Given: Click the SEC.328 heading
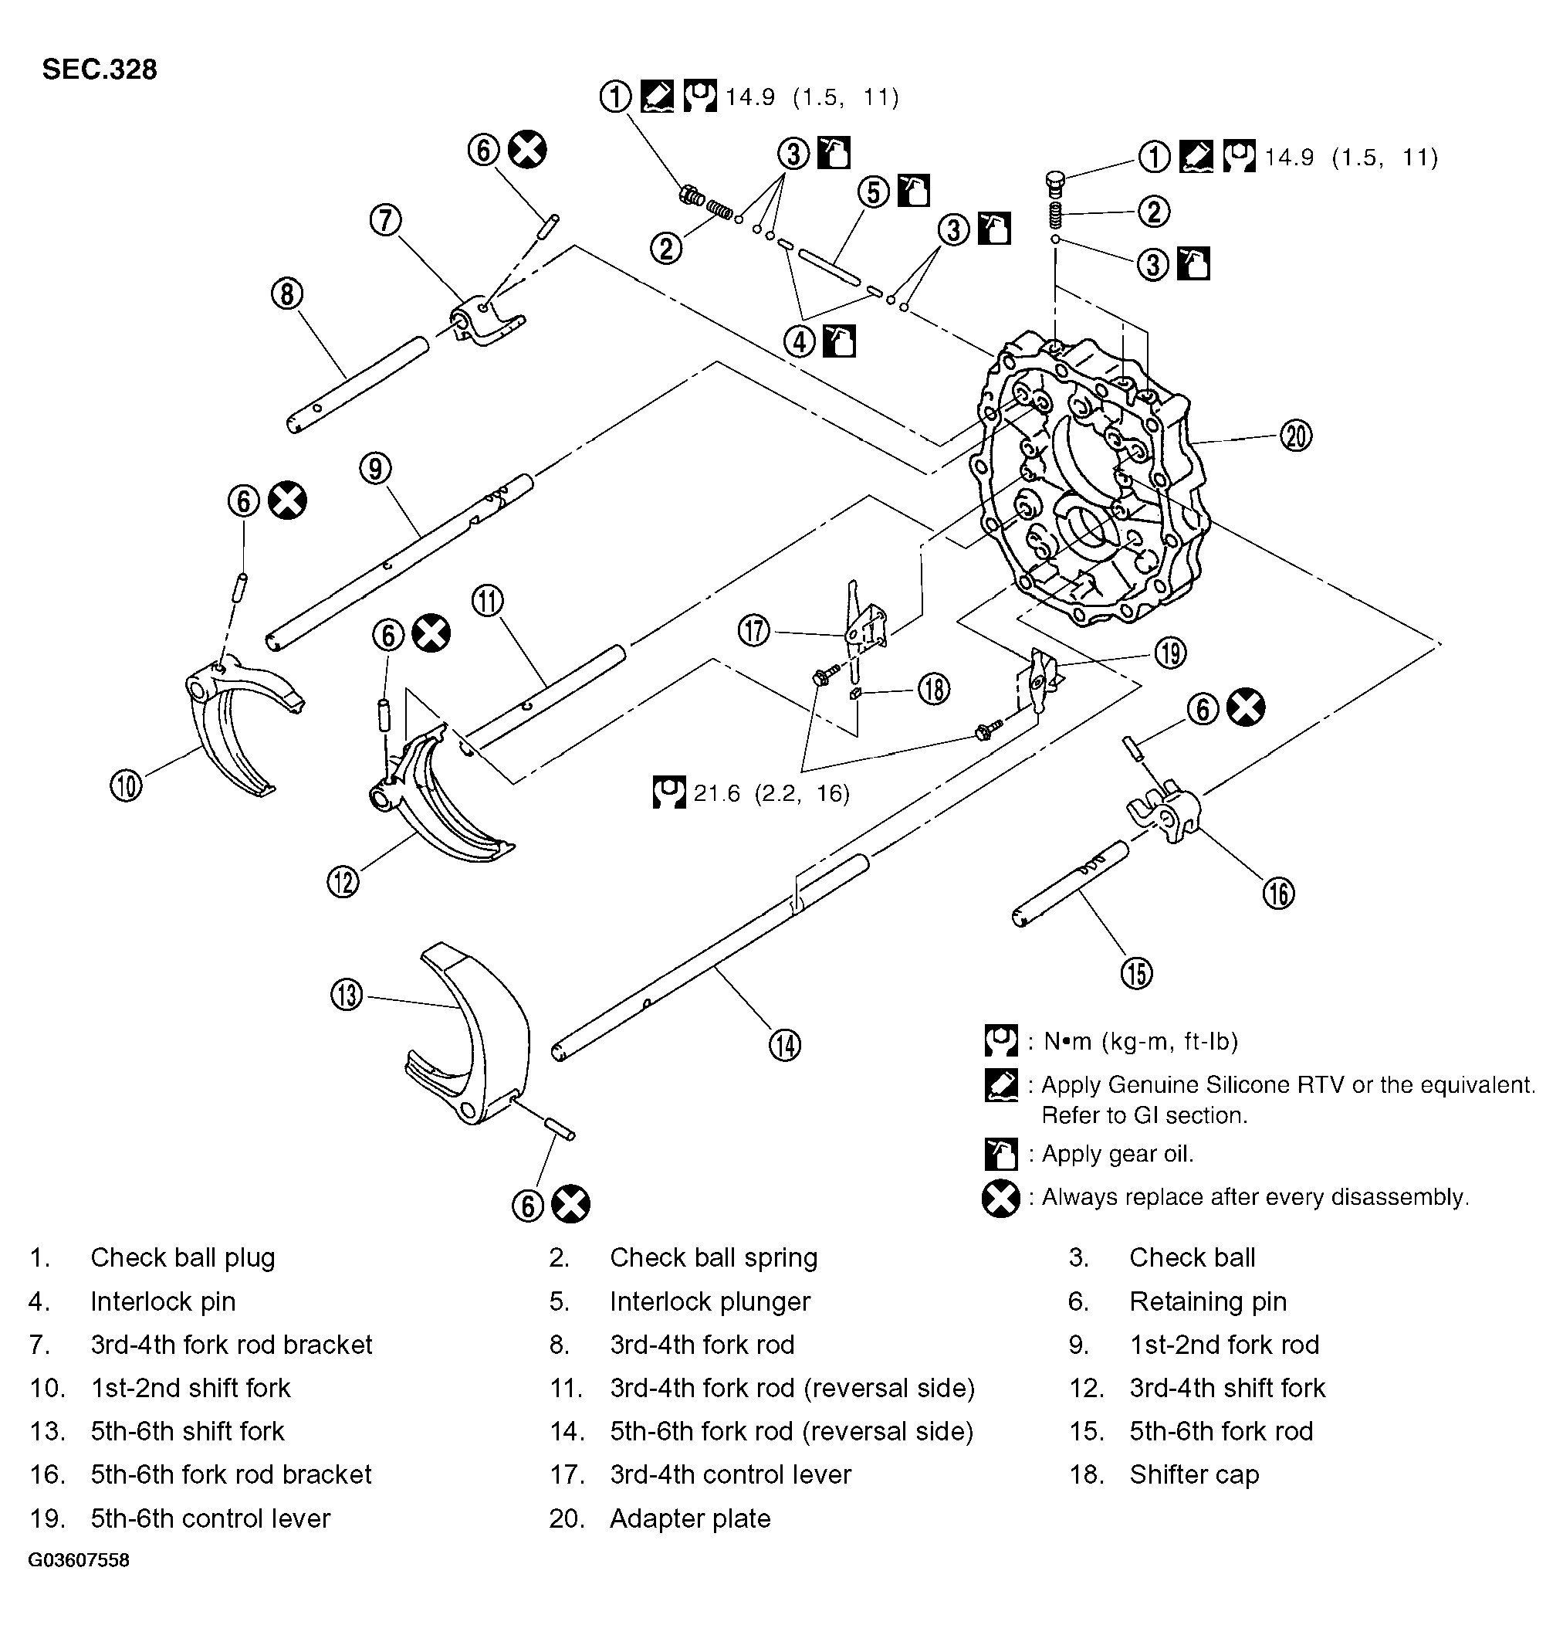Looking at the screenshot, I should (x=100, y=70).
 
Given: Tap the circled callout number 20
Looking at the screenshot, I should (x=1296, y=436).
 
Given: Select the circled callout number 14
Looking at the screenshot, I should (x=785, y=1045).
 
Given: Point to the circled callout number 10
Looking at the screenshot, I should (x=126, y=785).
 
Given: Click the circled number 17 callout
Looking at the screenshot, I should (x=754, y=631).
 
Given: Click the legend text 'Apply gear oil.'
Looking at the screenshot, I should (x=1117, y=1154).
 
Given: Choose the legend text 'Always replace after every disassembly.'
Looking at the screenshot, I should (x=1255, y=1197).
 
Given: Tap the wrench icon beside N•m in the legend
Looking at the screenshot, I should (x=1001, y=1040).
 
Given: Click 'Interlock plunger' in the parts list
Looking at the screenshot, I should (x=709, y=1301).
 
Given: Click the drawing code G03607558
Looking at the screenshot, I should (x=79, y=1560).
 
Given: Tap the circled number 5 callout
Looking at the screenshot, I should (x=874, y=192).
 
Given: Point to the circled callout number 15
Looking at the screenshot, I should (x=1136, y=972).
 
